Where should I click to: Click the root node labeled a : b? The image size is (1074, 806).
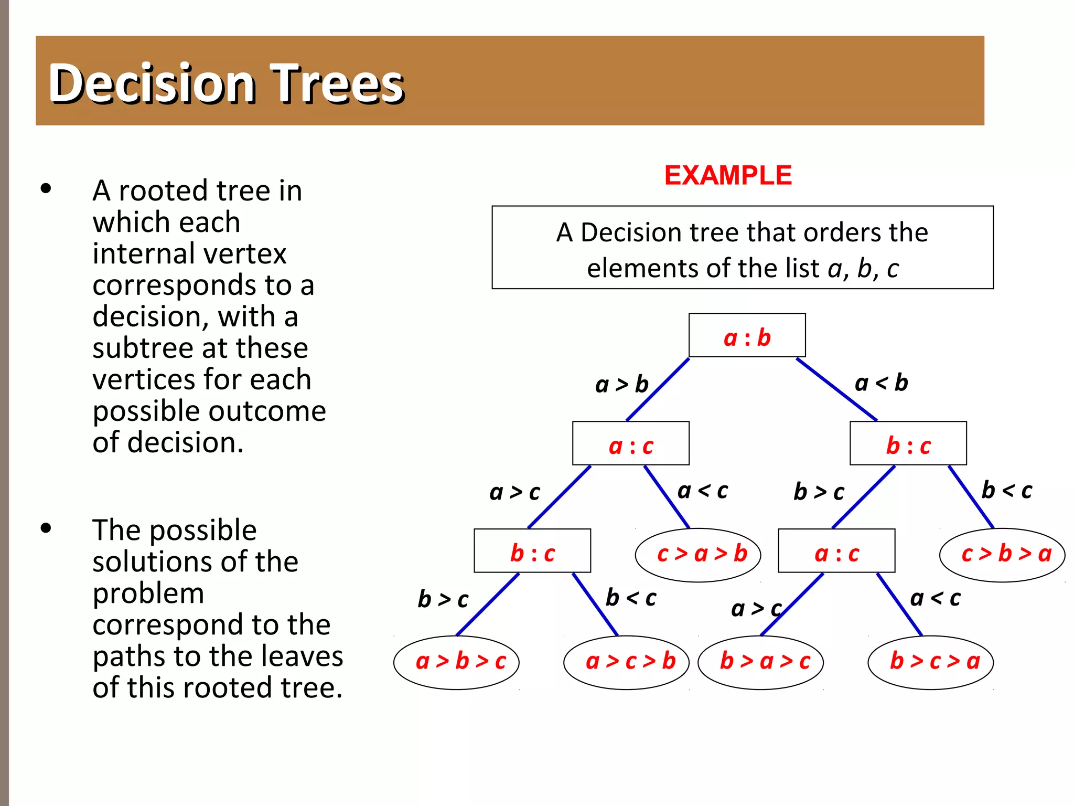click(747, 336)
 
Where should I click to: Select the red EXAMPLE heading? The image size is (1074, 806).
click(727, 175)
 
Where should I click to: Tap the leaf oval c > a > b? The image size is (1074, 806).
click(698, 555)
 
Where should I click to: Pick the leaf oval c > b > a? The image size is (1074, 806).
click(1002, 555)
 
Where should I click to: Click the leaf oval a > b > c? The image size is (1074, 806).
click(456, 662)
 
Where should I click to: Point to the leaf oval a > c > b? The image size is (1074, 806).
click(626, 662)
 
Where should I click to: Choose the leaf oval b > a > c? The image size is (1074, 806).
click(760, 662)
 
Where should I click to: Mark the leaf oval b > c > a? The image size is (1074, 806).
click(931, 662)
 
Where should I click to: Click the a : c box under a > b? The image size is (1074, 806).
click(630, 443)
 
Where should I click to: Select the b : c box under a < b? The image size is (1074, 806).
click(908, 443)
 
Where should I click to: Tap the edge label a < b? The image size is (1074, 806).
click(881, 383)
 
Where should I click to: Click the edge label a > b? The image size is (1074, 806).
click(622, 385)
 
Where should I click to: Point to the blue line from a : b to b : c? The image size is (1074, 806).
click(836, 389)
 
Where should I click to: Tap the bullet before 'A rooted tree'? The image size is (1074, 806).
click(46, 188)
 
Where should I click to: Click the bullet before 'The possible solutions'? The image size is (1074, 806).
click(46, 528)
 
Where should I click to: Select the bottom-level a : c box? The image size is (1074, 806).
click(836, 551)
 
